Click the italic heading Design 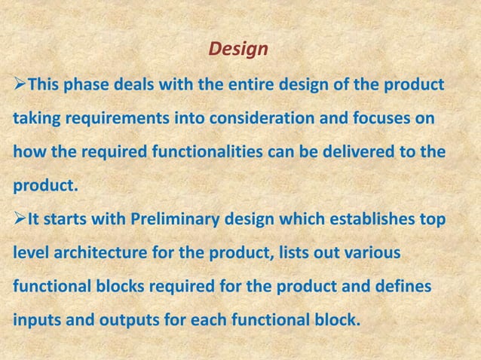coord(238,50)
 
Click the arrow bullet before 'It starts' coord(18,220)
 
